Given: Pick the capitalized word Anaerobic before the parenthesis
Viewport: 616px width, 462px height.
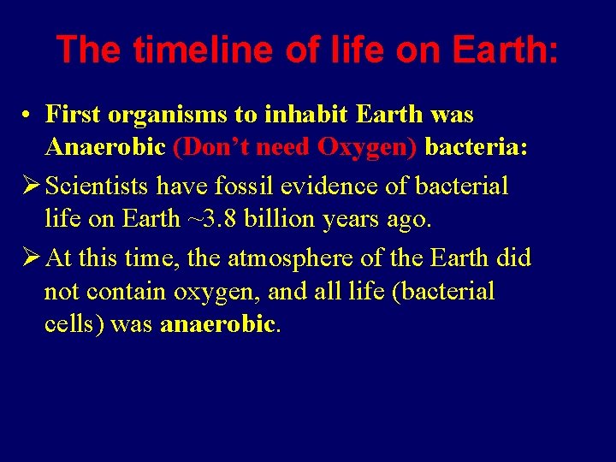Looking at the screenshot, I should click(x=104, y=147).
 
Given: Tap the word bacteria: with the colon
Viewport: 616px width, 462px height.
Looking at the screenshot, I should click(x=477, y=147).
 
